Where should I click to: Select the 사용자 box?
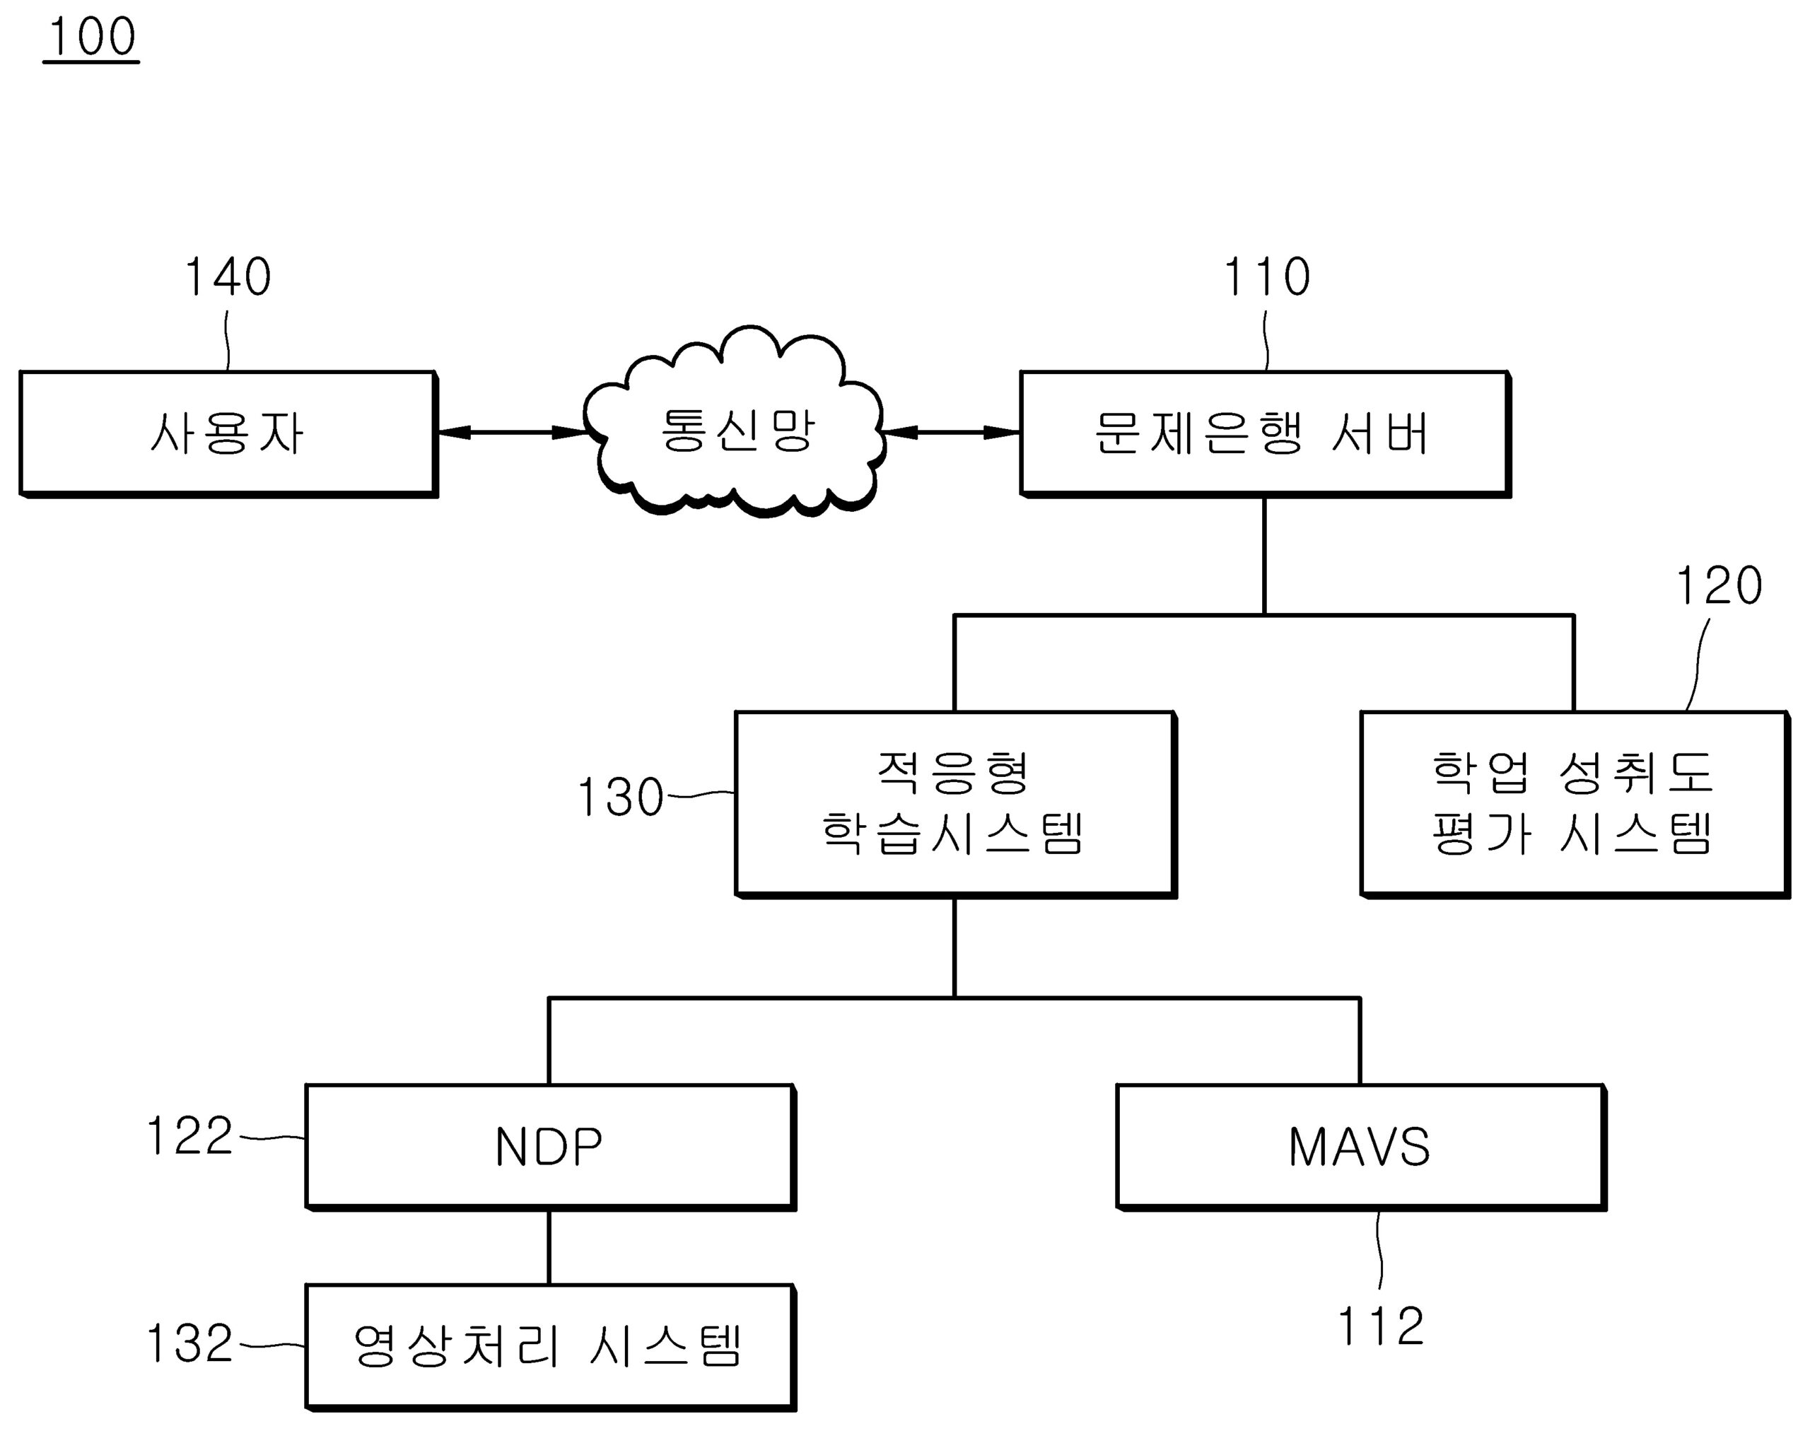[227, 434]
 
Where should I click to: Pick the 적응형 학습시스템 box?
[954, 803]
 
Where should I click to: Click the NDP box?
[549, 1146]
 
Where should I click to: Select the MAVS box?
[1359, 1146]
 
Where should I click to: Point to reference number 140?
[227, 277]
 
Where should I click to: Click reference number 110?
[1267, 277]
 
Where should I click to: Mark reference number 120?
[1718, 585]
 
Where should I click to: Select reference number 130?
[620, 797]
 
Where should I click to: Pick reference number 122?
[189, 1136]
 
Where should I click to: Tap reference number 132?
[189, 1344]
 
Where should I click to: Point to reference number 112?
[1380, 1326]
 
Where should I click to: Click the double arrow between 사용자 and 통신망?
[510, 432]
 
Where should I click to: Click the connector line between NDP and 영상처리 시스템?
[549, 1246]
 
